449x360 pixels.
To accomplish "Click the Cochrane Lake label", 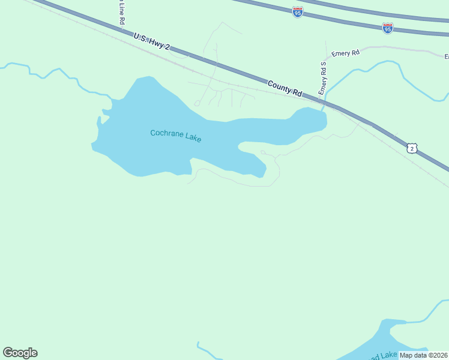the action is [x=175, y=136].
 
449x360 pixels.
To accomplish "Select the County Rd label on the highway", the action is [x=285, y=88].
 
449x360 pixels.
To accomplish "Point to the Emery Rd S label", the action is [x=323, y=78].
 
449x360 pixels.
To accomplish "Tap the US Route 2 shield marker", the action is [x=411, y=148].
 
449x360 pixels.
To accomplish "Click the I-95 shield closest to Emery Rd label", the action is [x=387, y=28].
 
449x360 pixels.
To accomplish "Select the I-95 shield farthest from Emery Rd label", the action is [x=298, y=11].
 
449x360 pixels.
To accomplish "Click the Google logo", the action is [x=20, y=353].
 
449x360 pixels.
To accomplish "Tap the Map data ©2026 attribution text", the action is [x=423, y=355].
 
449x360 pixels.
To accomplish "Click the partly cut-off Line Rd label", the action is [x=121, y=11].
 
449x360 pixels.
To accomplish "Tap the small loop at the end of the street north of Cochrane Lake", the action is [x=197, y=103].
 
